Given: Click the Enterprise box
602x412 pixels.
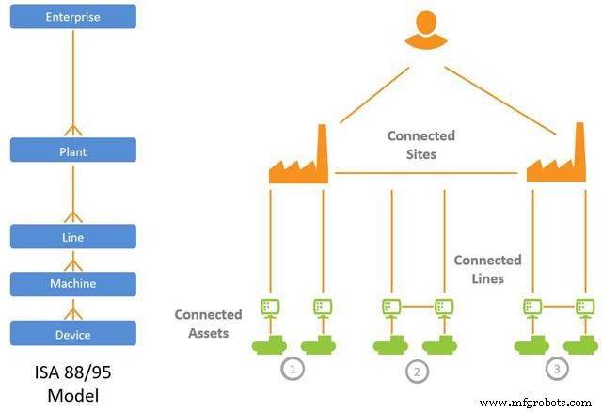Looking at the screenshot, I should [73, 17].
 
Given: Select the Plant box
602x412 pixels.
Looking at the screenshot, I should [73, 150].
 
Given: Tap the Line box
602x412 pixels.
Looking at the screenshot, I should [73, 236].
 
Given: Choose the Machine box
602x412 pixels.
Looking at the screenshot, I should [73, 284].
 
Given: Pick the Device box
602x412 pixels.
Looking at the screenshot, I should [73, 333].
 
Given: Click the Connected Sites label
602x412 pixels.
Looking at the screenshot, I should [420, 145].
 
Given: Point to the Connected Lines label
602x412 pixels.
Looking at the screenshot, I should [487, 269].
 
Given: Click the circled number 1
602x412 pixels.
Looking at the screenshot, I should [294, 369].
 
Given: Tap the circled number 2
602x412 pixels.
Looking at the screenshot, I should [416, 372].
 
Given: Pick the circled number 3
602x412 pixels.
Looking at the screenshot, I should [557, 369].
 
